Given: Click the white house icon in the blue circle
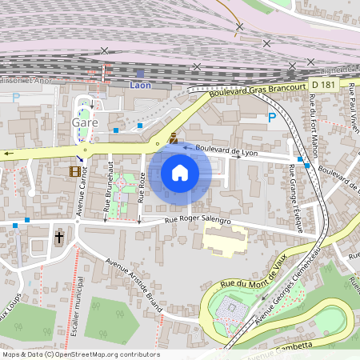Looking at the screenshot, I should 180,173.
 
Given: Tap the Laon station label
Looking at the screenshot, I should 140,84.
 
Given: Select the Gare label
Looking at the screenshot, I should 85,122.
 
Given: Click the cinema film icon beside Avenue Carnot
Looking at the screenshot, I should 75,171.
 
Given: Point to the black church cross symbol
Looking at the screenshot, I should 58,238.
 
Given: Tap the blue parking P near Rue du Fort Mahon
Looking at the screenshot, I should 272,118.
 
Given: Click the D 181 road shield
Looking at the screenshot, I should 324,84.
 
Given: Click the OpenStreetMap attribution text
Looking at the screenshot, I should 80,354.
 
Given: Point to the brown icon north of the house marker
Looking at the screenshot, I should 172,138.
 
